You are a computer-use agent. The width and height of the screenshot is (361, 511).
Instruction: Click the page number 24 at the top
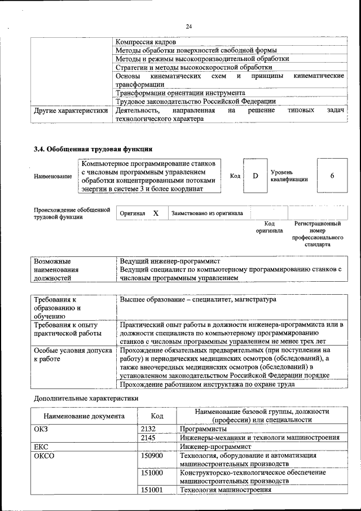pyautogui.click(x=189, y=26)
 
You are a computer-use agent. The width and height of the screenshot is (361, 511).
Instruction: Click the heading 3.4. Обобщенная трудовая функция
pyautogui.click(x=93, y=150)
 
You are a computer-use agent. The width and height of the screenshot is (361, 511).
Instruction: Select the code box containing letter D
pyautogui.click(x=255, y=176)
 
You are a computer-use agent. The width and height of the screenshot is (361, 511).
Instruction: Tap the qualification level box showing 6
pyautogui.click(x=332, y=176)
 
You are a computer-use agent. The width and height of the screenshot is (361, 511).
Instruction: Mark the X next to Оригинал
pyautogui.click(x=156, y=213)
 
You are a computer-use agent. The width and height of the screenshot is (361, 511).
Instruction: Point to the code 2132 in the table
pyautogui.click(x=148, y=429)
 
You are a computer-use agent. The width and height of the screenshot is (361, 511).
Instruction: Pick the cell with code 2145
pyautogui.click(x=148, y=438)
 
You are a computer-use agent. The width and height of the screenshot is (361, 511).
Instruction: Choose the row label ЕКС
pyautogui.click(x=41, y=446)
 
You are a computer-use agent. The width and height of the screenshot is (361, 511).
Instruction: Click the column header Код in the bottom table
pyautogui.click(x=157, y=416)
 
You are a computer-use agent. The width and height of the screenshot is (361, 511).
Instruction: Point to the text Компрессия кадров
pyautogui.click(x=146, y=42)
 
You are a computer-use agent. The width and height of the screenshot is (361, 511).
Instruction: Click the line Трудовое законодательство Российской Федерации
pyautogui.click(x=195, y=102)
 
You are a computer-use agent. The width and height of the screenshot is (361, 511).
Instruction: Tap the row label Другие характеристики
pyautogui.click(x=71, y=111)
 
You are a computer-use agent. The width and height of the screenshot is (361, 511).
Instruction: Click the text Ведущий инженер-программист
pyautogui.click(x=169, y=262)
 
